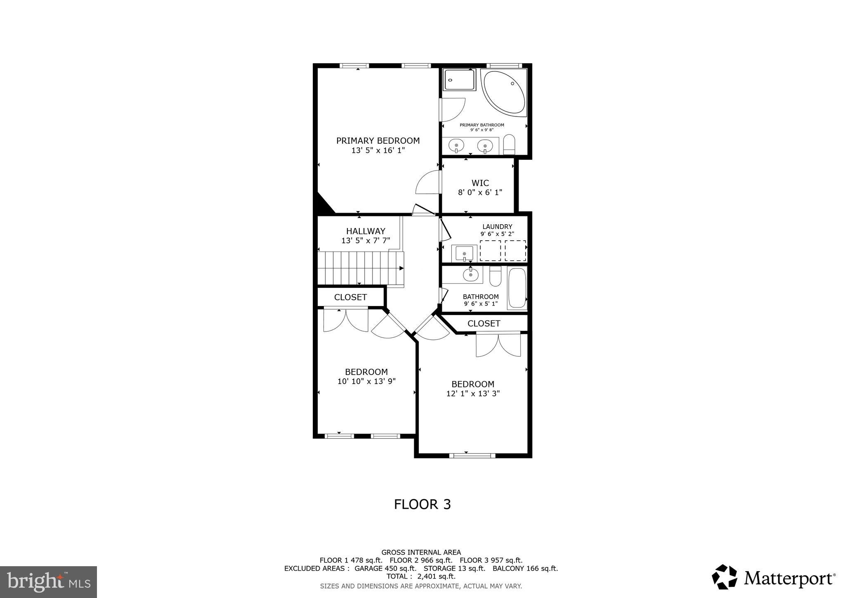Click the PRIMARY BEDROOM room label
point(378,141)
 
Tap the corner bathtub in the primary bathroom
point(504,93)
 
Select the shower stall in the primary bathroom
point(459,79)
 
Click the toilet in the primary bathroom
point(509,144)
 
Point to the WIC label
point(480,183)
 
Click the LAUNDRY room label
point(497,227)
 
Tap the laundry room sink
point(464,253)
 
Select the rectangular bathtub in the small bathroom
point(517,288)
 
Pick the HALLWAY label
point(366,231)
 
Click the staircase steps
point(359,268)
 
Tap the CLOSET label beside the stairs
point(350,297)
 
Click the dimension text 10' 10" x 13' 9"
point(366,382)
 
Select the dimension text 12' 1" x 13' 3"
point(473,394)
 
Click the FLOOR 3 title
point(422,504)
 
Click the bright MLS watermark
point(48,582)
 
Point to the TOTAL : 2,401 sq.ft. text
point(421,577)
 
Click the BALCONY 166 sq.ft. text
point(525,568)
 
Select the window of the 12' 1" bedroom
point(472,456)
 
